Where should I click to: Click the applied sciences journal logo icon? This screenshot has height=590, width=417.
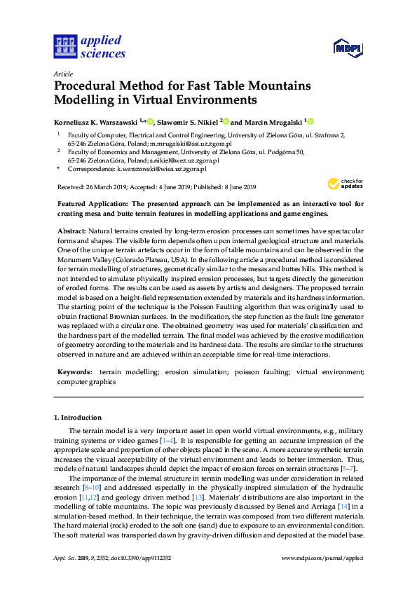pos(64,46)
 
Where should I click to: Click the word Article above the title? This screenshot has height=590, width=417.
pos(63,74)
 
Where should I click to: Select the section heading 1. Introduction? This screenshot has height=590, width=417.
pos(77,418)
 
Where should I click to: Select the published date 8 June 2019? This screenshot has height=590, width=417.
pos(235,187)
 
